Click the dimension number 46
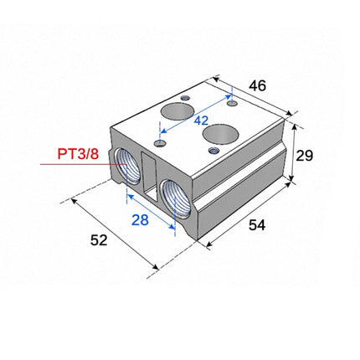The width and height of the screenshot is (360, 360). (x=258, y=86)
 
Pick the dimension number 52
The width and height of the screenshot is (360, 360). (x=99, y=241)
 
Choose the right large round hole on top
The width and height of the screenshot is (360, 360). (x=219, y=134)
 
